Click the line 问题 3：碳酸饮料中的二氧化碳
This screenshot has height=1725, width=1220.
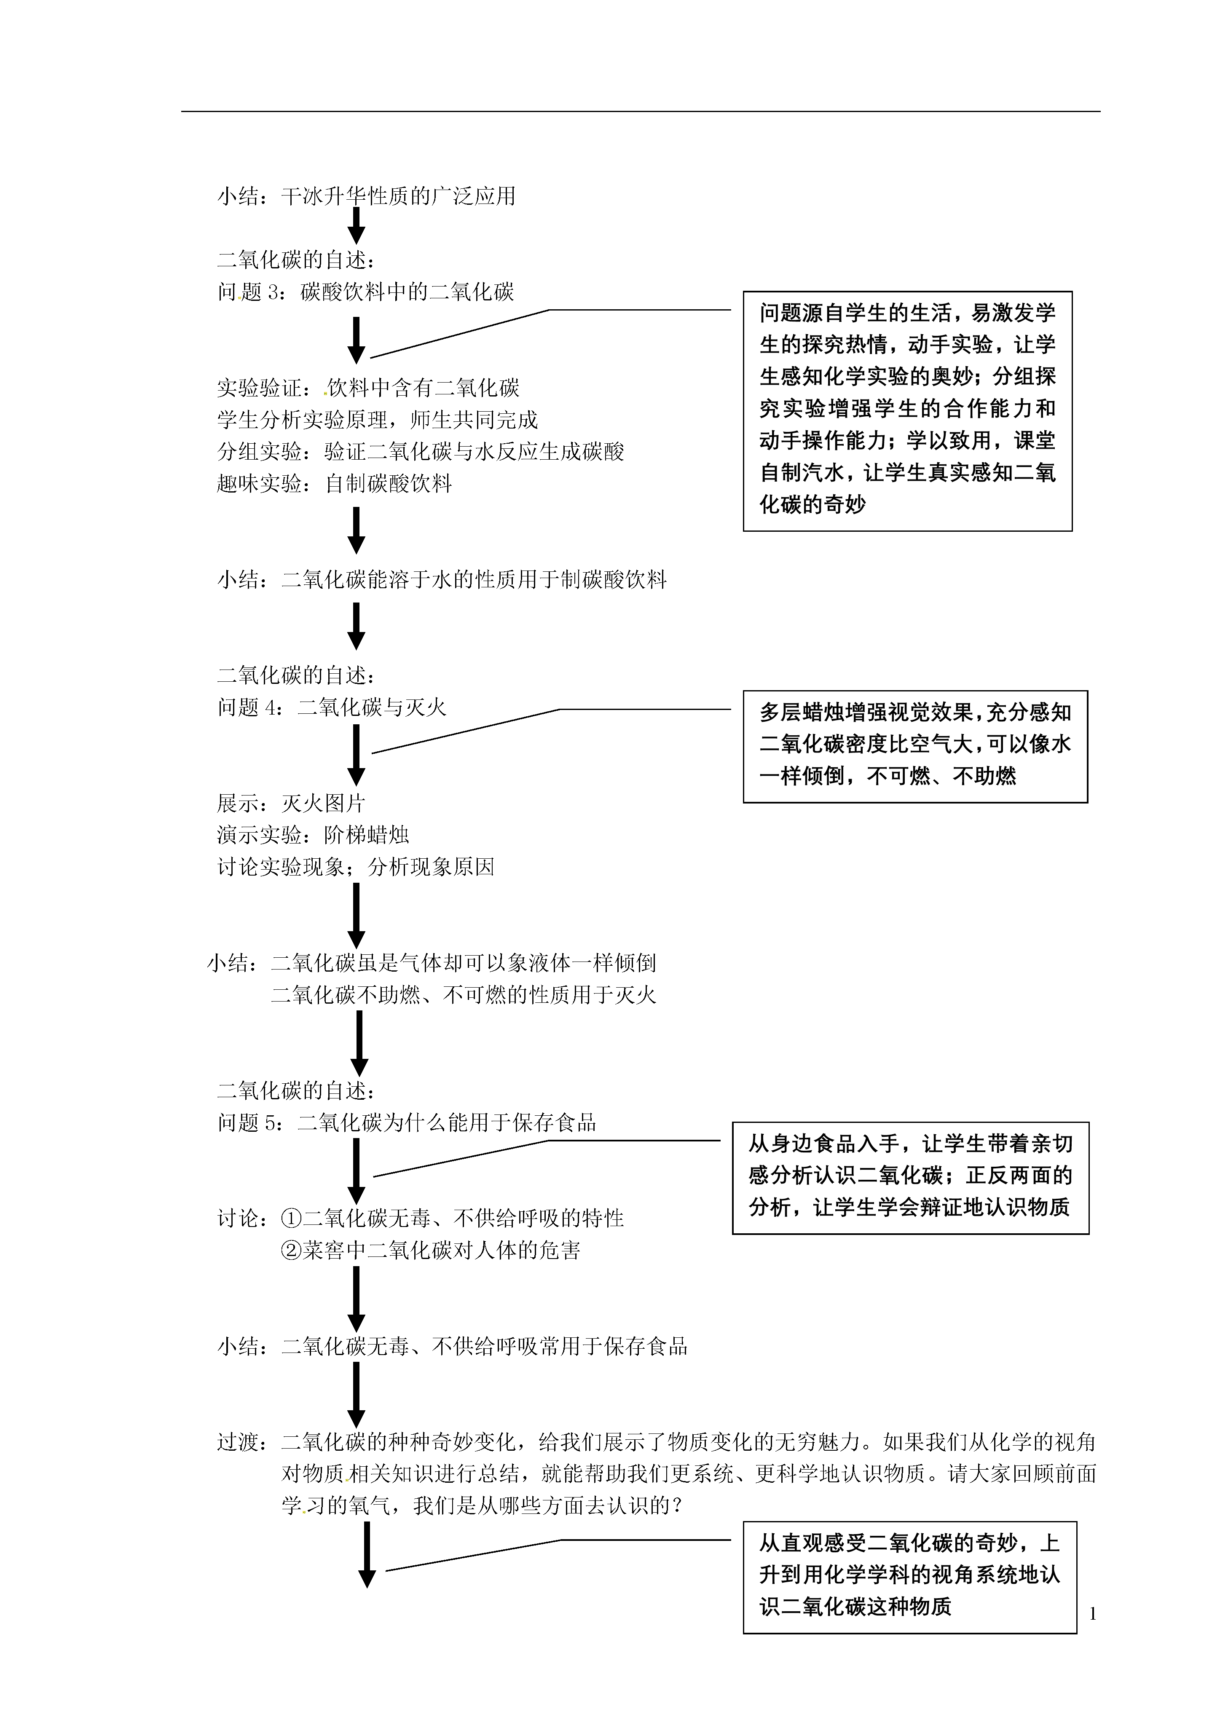pos(366,292)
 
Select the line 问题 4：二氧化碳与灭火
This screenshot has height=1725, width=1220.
pos(332,707)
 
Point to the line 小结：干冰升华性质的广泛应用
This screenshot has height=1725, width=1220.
pos(367,196)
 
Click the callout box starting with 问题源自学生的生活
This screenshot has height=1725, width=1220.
pos(907,411)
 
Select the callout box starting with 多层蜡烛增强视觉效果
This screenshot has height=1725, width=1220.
pos(915,747)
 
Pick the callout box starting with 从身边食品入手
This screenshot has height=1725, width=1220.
pos(911,1178)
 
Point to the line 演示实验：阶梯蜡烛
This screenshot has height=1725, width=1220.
pos(313,835)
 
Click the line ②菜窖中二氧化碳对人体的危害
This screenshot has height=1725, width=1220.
pos(430,1250)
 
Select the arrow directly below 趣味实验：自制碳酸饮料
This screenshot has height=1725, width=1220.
pos(357,530)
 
